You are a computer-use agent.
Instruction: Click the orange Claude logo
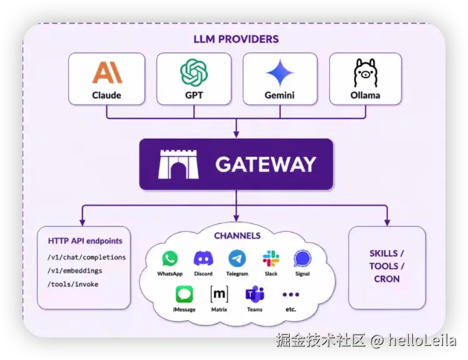coord(107,72)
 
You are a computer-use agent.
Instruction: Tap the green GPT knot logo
coord(194,72)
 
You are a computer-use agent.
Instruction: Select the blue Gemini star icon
coord(280,72)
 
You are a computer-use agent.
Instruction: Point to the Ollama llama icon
coord(365,72)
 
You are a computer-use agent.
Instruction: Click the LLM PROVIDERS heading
coord(236,39)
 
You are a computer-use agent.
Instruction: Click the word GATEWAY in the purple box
coord(266,164)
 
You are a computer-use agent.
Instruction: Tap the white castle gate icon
coord(178,164)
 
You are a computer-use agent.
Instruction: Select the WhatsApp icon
coord(170,258)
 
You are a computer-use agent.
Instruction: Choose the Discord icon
coord(203,258)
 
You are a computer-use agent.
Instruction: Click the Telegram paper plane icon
coord(237,258)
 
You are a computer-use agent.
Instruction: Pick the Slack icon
coord(271,258)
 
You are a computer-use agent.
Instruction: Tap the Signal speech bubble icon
coord(302,259)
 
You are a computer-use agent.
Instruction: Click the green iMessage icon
coord(184,294)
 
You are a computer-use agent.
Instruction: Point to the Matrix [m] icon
coord(220,294)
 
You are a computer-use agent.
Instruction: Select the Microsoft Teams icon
coord(255,294)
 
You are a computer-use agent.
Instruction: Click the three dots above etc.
coord(291,294)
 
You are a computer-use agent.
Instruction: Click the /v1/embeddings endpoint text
coord(74,271)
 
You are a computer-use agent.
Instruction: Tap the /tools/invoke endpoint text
coord(73,284)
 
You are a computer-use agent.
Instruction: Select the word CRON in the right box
coord(387,279)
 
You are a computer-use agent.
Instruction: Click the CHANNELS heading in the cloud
coord(237,236)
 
